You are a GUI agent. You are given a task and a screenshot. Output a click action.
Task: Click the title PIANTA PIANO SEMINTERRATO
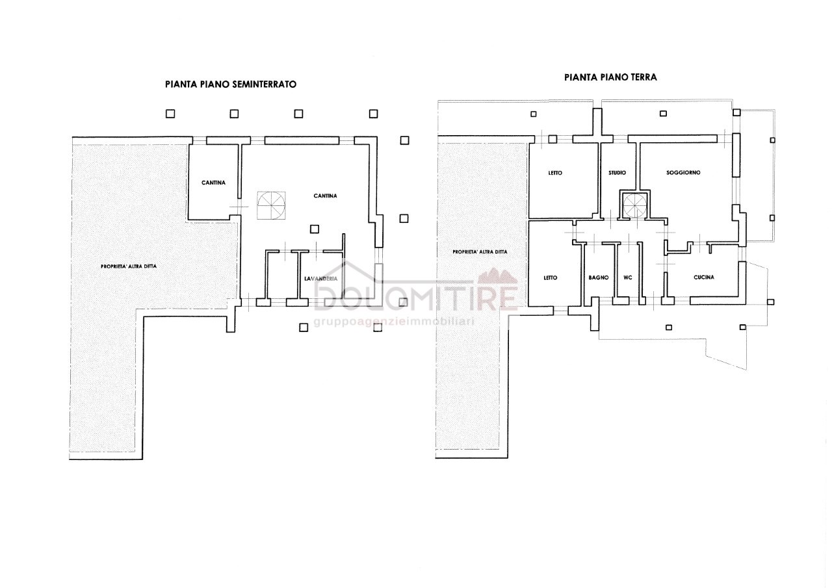coord(231,84)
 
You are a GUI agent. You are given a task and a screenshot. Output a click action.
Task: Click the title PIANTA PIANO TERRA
coord(610,77)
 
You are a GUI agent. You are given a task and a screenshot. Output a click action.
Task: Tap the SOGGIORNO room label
coord(683,173)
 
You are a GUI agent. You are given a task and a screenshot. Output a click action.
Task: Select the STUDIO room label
coord(617,173)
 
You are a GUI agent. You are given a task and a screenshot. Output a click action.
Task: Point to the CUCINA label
coord(704,277)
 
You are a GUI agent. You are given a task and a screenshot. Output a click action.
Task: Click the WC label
coord(628,277)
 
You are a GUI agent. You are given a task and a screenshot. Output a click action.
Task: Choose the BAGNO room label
coord(599,277)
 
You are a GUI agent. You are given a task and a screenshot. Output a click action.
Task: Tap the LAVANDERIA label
coord(321,279)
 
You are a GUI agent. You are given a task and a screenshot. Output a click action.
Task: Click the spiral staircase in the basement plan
coord(272,205)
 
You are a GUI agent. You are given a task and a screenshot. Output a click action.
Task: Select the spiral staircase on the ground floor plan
coord(635,206)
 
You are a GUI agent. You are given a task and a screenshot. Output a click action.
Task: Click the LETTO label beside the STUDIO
coord(555,173)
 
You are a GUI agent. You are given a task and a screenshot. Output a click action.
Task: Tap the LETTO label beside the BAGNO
coord(551,277)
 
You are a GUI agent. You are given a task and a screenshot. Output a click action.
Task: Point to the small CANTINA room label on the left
coord(214,183)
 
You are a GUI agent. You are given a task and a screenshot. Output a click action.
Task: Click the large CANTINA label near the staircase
coord(326,196)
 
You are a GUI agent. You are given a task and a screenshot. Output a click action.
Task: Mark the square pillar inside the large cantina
coord(314,229)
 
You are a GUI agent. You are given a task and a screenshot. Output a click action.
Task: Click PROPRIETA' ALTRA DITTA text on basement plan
coord(129,266)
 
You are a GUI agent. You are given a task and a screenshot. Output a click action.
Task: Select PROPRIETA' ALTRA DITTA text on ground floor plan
coord(480,251)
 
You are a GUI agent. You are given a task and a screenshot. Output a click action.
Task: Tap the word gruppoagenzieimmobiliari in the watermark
coord(394,322)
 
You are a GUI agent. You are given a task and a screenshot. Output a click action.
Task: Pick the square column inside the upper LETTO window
coord(552,139)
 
